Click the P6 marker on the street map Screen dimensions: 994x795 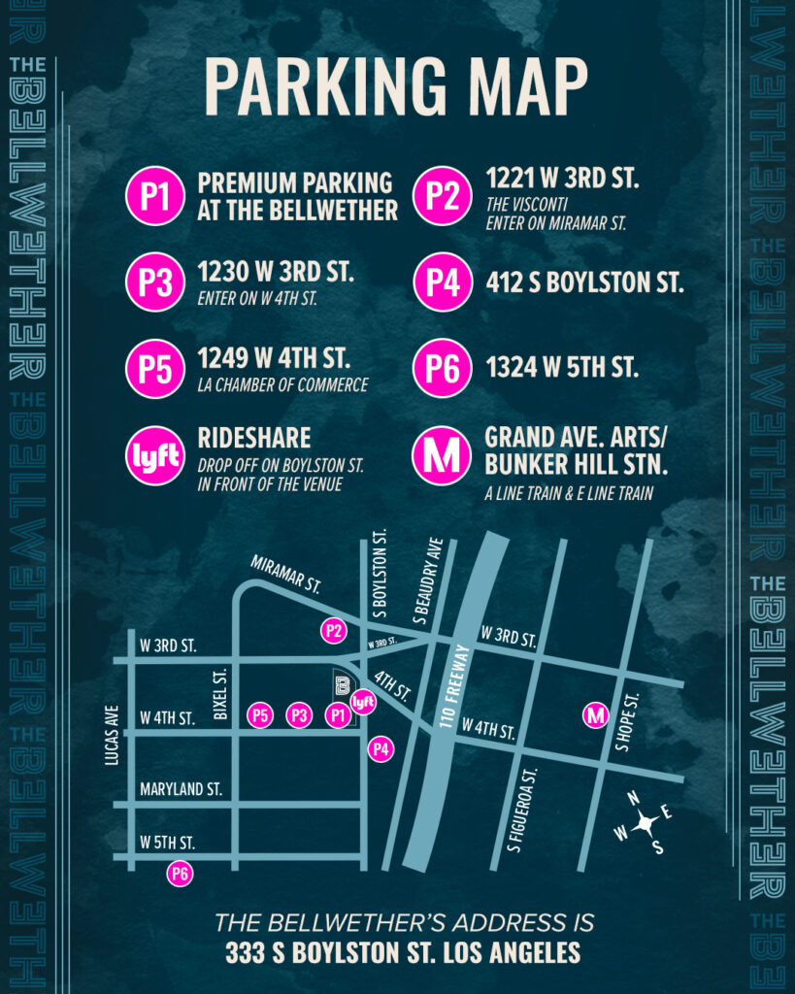coord(179,874)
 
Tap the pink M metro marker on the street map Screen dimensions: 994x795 coord(595,715)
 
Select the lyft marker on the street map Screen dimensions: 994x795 coord(363,701)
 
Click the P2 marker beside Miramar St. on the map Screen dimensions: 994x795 coord(334,631)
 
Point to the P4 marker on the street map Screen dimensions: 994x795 coord(381,749)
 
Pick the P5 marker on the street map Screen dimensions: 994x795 coord(260,716)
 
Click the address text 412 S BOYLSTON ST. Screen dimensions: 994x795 coord(584,284)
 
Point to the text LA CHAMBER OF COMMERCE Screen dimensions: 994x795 coord(282,385)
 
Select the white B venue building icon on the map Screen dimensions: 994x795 coord(341,686)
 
